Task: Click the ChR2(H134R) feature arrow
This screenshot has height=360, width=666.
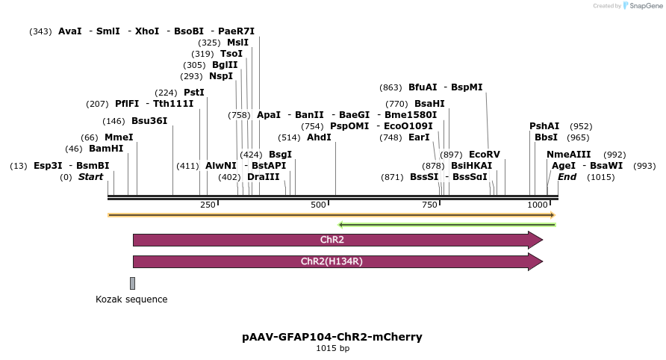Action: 336,261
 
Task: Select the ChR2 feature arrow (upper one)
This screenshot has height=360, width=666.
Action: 336,240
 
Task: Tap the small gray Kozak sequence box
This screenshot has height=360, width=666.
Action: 132,283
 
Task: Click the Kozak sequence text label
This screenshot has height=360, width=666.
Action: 131,300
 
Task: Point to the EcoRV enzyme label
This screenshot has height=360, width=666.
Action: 485,155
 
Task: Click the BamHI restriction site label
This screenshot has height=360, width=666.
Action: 106,149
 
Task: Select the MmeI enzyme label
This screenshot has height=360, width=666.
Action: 118,137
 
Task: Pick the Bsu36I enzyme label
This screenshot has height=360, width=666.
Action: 149,121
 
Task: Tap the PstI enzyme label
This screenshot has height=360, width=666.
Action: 194,93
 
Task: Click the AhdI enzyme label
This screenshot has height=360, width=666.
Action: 319,137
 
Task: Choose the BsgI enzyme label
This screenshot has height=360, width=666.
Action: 280,155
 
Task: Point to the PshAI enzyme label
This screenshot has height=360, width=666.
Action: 544,126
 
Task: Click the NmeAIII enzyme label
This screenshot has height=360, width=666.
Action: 569,155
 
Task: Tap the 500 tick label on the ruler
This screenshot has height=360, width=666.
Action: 319,205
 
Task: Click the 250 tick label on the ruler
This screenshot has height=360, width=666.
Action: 208,205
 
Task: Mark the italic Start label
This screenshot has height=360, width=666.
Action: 90,177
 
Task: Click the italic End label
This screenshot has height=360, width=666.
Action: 567,177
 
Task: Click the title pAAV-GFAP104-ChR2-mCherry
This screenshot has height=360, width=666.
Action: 332,337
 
